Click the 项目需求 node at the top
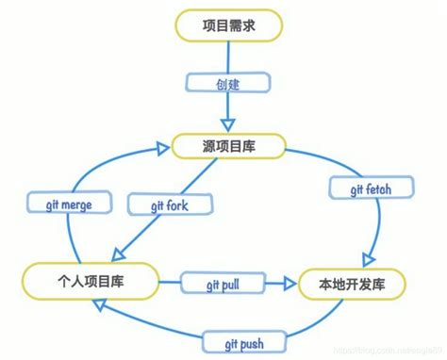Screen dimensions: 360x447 [x=227, y=26]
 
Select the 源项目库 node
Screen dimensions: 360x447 [x=227, y=146]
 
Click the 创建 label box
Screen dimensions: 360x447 [x=227, y=84]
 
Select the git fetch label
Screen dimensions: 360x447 [x=360, y=189]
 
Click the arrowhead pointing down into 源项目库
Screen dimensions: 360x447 [x=227, y=126]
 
